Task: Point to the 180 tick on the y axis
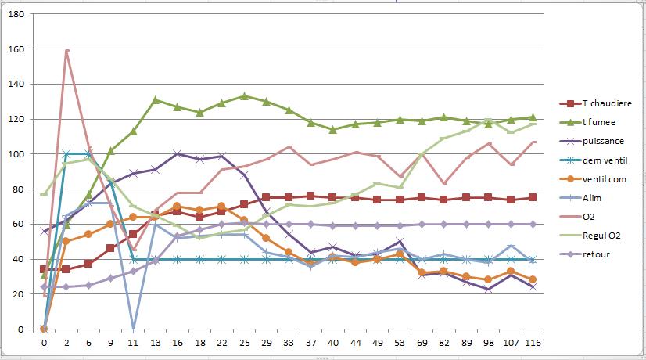(16, 14)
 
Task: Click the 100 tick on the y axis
(16, 154)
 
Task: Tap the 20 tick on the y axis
(19, 294)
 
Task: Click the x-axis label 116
(533, 342)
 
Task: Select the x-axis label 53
(400, 342)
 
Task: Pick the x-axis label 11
(133, 342)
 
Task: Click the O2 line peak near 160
(66, 49)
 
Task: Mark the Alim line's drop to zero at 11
(133, 328)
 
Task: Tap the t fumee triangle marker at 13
(156, 100)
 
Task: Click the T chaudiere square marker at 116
(533, 198)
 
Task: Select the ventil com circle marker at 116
(533, 279)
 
